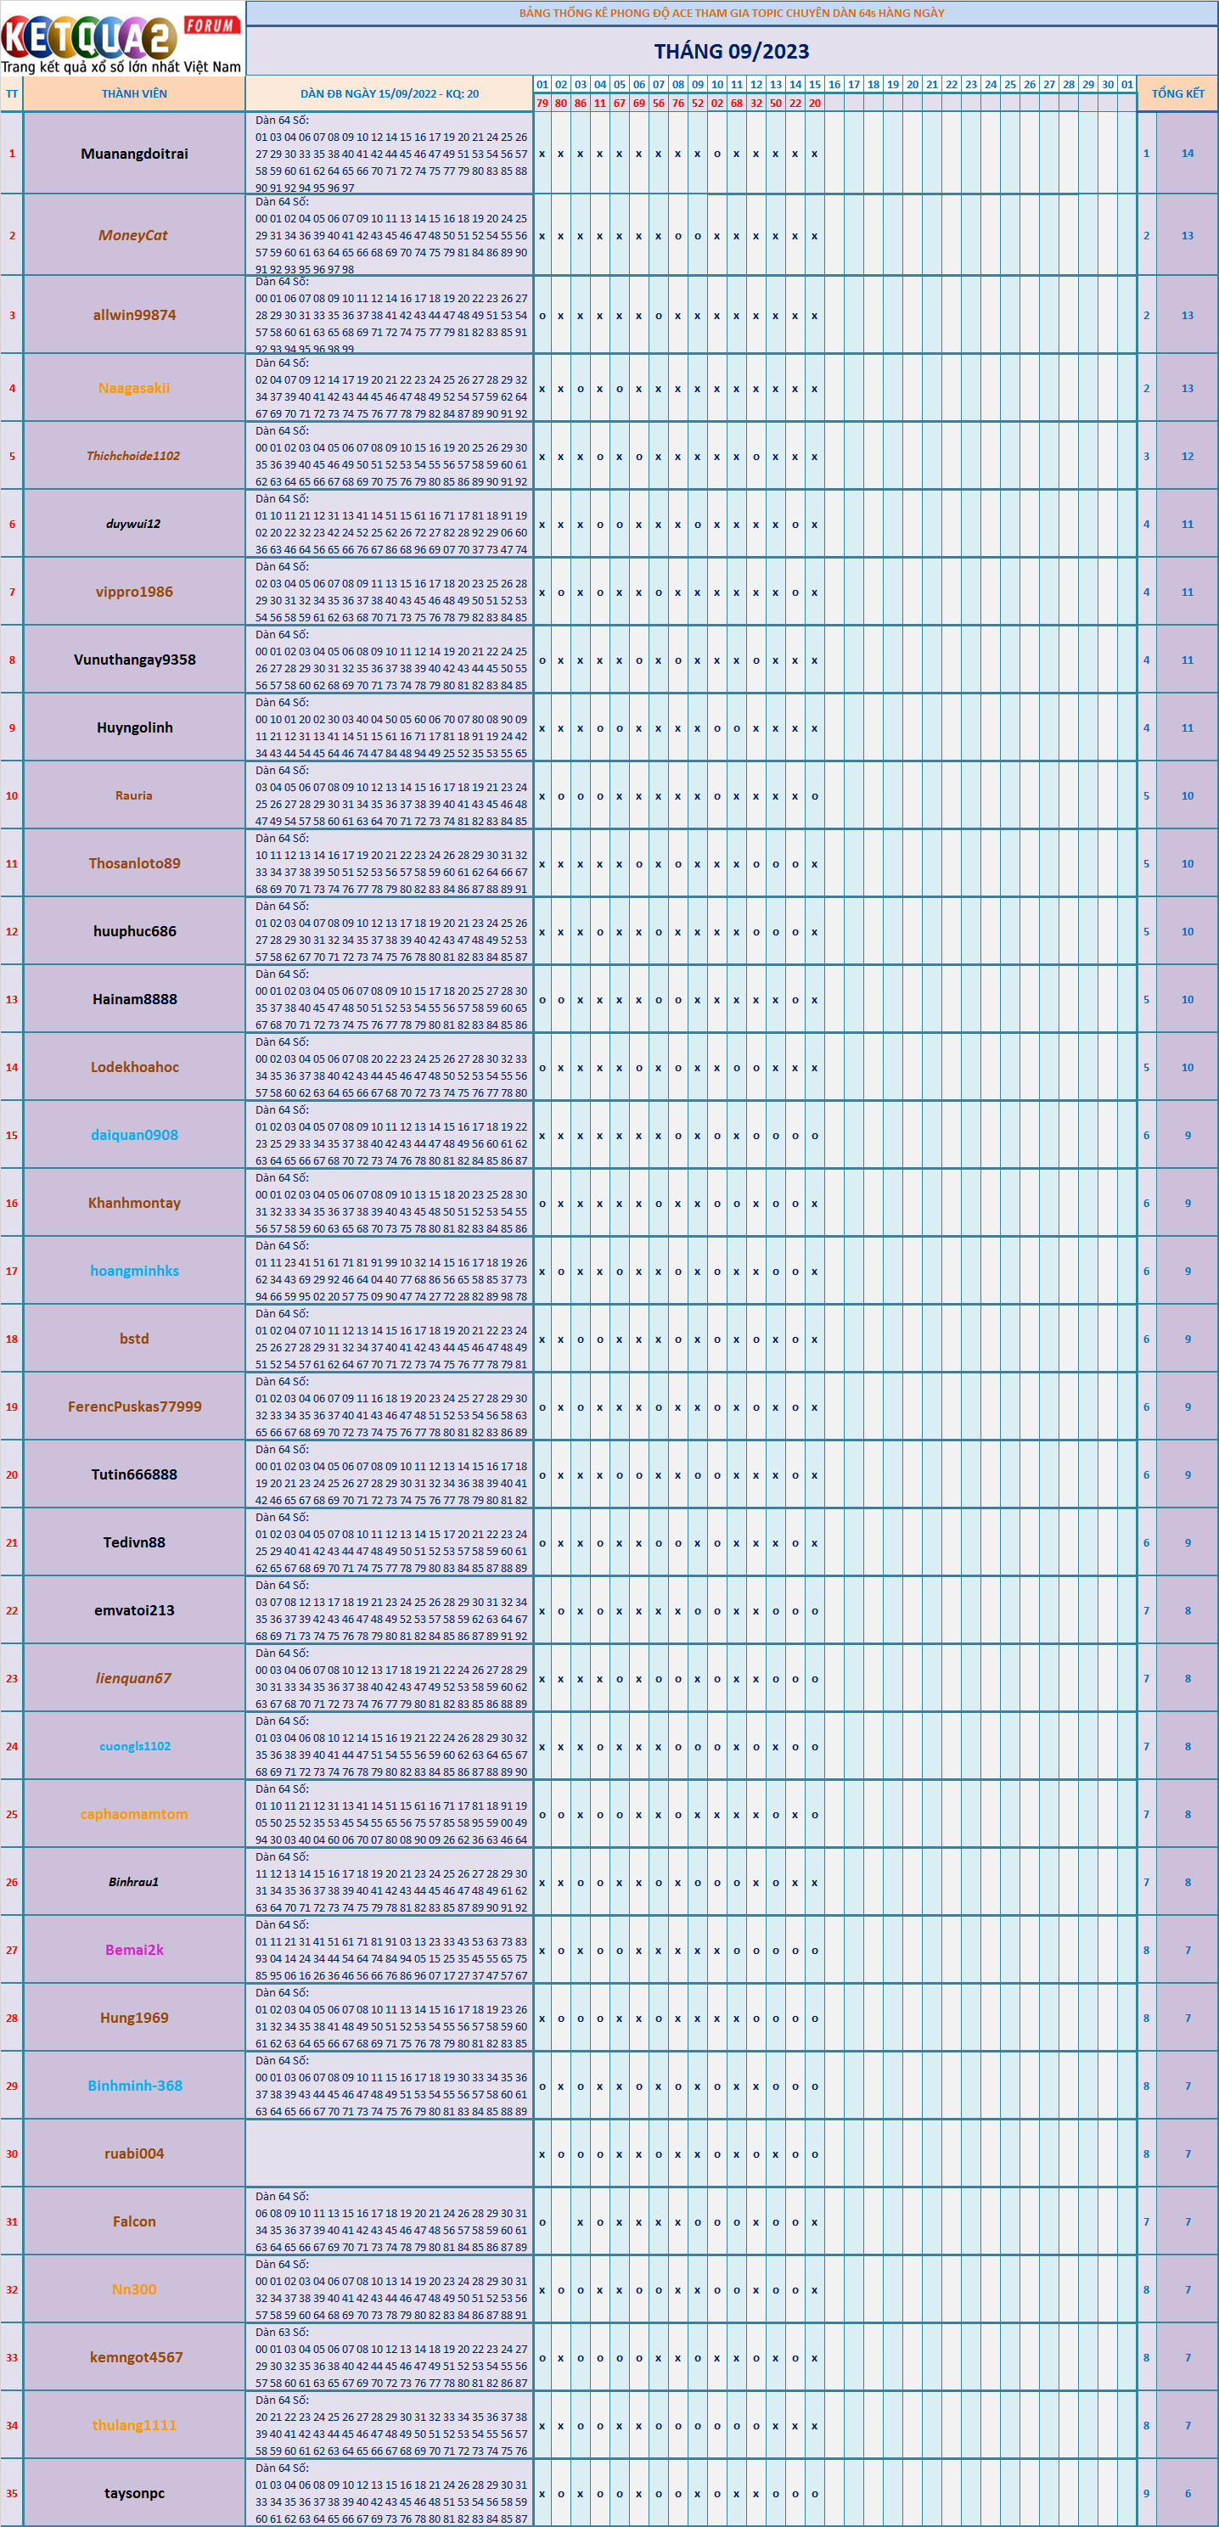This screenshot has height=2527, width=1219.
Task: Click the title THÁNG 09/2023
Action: click(x=732, y=51)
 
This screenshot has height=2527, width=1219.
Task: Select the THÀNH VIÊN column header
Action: click(x=134, y=94)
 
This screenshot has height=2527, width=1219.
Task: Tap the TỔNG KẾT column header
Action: click(x=1177, y=94)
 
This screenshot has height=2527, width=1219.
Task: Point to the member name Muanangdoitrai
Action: click(x=134, y=154)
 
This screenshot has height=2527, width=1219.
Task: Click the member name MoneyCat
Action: click(x=133, y=235)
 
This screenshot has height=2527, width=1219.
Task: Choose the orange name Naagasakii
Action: click(x=134, y=389)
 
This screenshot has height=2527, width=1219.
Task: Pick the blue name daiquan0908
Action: click(x=134, y=1135)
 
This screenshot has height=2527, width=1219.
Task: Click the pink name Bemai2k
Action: click(x=134, y=1949)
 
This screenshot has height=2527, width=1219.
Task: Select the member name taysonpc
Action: click(x=134, y=2493)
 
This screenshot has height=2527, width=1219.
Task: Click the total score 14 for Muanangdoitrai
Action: click(x=1187, y=154)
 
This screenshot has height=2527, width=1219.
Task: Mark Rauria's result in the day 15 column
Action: click(x=814, y=795)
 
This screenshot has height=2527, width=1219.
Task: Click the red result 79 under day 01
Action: click(x=542, y=103)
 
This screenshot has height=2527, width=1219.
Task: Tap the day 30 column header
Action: click(x=1107, y=84)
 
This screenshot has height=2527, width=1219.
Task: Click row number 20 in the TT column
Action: click(x=12, y=1474)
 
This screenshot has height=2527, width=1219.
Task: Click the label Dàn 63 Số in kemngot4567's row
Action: click(x=282, y=2332)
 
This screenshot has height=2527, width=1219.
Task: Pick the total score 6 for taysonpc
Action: click(x=1187, y=2493)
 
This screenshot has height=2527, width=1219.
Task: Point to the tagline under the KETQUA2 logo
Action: click(x=121, y=68)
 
